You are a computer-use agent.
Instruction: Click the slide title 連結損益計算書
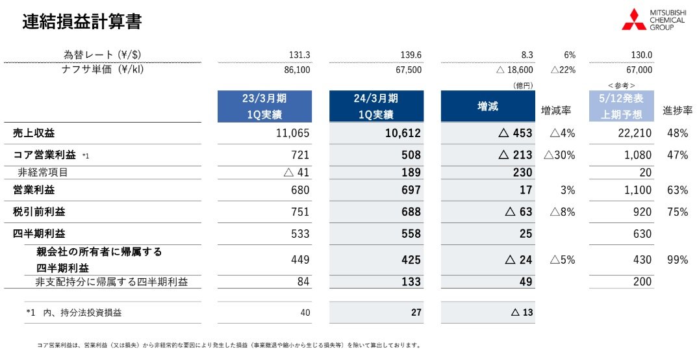tap(82, 21)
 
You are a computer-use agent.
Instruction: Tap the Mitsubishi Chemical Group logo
tap(653, 20)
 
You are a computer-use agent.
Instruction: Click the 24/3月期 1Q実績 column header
tap(376, 106)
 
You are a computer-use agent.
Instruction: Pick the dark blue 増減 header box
tap(487, 106)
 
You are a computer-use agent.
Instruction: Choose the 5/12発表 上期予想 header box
tap(620, 106)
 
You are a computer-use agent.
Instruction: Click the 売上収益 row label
tap(34, 133)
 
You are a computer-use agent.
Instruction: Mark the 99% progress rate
tap(677, 260)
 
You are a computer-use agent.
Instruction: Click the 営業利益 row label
tap(34, 190)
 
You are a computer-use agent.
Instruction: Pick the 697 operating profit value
tap(411, 190)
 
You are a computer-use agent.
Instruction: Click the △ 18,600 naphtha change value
tap(511, 70)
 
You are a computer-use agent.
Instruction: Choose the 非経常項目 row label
tap(42, 172)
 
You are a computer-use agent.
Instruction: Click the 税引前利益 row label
tap(39, 212)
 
